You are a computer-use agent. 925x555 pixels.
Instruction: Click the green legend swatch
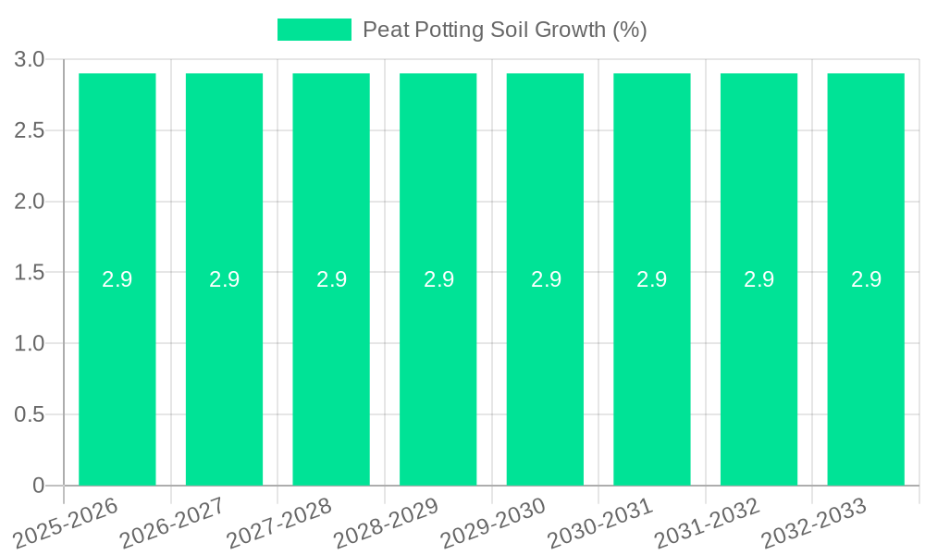click(x=314, y=30)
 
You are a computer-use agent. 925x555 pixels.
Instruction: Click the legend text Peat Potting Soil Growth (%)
click(x=504, y=30)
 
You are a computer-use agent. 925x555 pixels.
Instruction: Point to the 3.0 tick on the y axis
click(x=30, y=60)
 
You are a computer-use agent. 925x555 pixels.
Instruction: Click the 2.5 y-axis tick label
click(x=30, y=130)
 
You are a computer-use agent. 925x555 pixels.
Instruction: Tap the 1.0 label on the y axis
click(x=30, y=343)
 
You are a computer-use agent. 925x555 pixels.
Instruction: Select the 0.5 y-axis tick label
click(x=30, y=414)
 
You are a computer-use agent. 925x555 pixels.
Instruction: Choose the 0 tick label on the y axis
click(x=39, y=486)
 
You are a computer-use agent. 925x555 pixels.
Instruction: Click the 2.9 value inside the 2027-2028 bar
click(x=331, y=279)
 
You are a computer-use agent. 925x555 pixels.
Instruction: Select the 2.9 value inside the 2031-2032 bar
click(x=758, y=279)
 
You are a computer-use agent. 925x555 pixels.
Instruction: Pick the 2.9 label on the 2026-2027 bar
click(x=224, y=279)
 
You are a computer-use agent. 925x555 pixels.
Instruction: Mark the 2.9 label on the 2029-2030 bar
click(x=546, y=279)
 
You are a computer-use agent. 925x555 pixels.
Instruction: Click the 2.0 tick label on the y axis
click(x=30, y=202)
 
